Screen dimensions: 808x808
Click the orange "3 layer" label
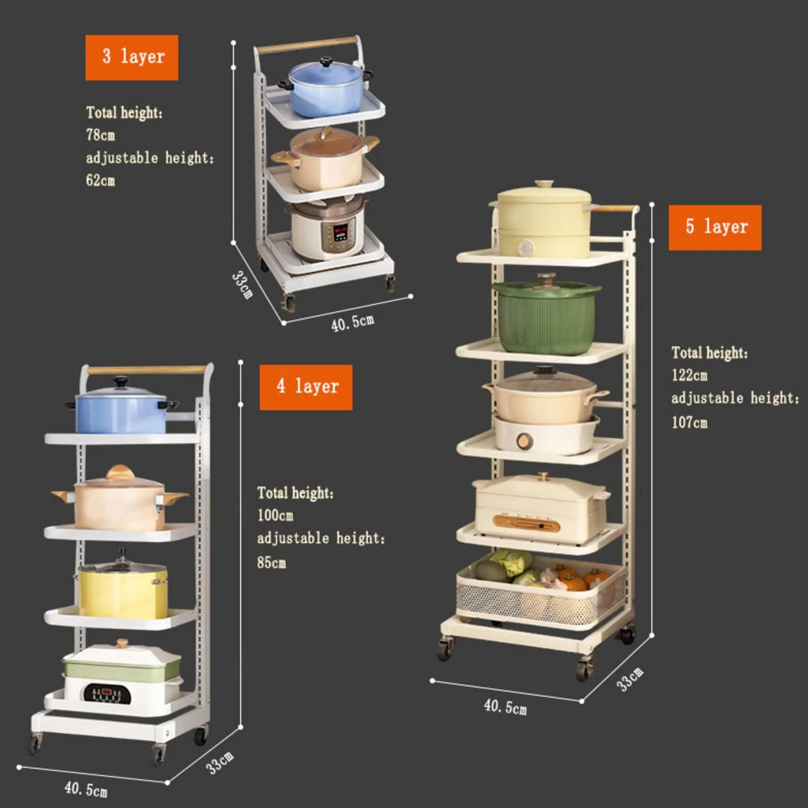coord(132,57)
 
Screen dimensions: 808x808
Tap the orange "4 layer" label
coord(306,387)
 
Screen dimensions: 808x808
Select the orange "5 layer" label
coord(715,227)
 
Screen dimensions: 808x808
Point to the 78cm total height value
coord(100,135)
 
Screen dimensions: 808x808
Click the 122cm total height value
coord(689,375)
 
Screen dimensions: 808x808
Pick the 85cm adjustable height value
coord(272,562)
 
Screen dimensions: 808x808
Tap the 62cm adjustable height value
coord(100,180)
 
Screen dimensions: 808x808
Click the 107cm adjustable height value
coord(689,422)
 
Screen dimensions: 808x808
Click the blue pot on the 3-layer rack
coord(326,88)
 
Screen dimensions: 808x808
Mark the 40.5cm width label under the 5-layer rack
coord(505,706)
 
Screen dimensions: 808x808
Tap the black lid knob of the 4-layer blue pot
coord(121,382)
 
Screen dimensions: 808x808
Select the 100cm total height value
coord(275,515)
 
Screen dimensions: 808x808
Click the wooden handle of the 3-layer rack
coord(308,45)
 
